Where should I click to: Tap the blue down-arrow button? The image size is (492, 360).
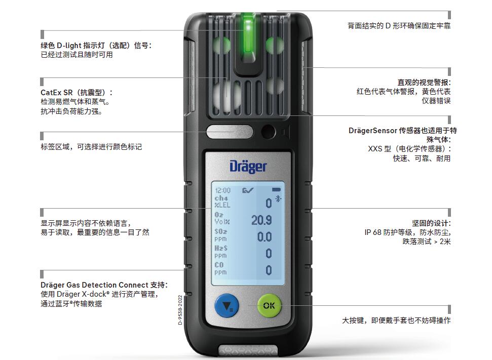click(x=226, y=305)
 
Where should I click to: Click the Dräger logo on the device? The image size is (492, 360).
click(x=248, y=167)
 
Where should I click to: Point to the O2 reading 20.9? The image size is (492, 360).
click(x=261, y=220)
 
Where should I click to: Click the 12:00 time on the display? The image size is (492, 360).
click(x=223, y=190)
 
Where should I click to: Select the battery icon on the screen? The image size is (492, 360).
click(x=277, y=190)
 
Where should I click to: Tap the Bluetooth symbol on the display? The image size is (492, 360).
click(x=278, y=198)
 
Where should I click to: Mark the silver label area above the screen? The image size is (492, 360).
click(x=230, y=132)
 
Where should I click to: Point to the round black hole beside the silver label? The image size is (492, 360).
click(x=268, y=132)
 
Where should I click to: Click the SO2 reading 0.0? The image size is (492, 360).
click(x=264, y=237)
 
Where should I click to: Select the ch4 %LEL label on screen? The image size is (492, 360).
click(x=222, y=202)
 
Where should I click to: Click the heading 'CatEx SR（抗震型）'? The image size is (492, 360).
click(x=77, y=93)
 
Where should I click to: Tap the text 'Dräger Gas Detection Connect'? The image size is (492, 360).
click(x=94, y=285)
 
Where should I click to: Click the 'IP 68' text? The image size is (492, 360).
click(x=373, y=232)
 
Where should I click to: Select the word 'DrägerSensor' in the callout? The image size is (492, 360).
click(x=373, y=131)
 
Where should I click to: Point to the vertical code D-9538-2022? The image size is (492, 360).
click(x=180, y=310)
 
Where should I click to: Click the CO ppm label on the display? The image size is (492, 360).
click(x=220, y=269)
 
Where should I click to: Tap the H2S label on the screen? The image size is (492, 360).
click(x=221, y=248)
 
